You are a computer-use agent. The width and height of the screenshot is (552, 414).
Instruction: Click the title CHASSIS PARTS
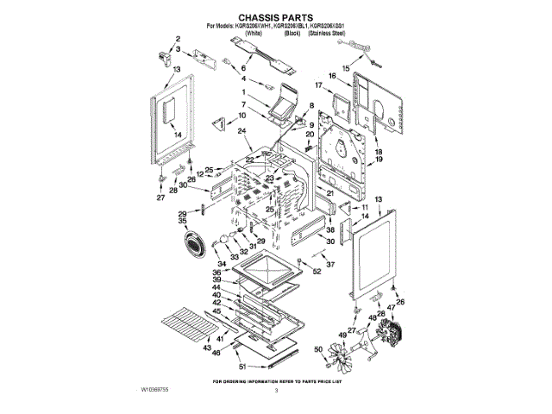(276, 16)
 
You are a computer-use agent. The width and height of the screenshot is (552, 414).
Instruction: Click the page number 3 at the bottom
(276, 391)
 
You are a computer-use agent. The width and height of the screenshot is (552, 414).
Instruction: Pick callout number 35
(183, 223)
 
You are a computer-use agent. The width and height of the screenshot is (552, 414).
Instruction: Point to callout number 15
(346, 66)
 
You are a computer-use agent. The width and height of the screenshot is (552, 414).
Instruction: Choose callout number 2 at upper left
(178, 40)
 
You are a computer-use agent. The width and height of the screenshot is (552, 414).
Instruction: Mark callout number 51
(243, 366)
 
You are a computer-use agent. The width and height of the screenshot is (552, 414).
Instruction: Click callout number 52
(317, 272)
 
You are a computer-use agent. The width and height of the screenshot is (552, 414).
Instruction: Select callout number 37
(329, 264)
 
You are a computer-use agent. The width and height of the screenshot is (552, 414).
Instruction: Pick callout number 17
(319, 85)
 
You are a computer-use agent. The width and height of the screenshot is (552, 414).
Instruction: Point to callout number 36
(217, 272)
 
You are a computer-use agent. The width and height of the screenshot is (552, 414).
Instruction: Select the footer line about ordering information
(276, 379)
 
